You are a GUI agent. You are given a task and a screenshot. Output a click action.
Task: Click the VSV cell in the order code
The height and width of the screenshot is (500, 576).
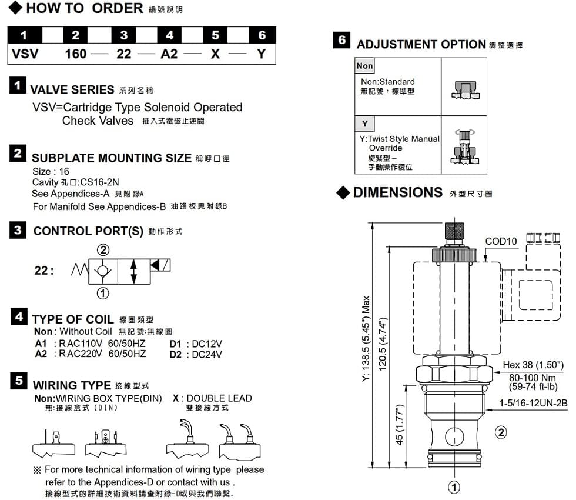25,54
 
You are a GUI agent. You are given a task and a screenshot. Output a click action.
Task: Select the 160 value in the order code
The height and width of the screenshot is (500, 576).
76,54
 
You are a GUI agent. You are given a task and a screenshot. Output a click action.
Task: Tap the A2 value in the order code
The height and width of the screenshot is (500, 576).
169,54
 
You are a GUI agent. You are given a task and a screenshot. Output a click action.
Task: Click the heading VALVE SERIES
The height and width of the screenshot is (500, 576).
72,90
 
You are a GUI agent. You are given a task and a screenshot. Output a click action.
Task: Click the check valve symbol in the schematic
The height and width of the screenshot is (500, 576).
103,271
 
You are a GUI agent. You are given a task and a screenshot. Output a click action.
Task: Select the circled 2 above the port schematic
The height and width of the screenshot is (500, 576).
103,250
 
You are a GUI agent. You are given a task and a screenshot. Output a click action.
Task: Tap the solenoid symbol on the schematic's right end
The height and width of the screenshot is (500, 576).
160,265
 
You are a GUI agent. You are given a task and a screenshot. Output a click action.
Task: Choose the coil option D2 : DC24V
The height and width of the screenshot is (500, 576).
196,355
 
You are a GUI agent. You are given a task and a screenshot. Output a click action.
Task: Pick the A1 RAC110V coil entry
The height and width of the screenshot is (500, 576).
90,344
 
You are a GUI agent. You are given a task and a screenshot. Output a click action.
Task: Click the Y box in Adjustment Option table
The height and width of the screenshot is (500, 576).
364,124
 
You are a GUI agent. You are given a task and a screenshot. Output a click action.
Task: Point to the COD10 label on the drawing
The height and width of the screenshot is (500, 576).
501,241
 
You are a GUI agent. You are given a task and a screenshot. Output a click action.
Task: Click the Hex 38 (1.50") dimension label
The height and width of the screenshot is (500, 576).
533,365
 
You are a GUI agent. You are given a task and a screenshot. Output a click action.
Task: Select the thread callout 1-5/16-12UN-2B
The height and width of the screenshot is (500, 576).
534,403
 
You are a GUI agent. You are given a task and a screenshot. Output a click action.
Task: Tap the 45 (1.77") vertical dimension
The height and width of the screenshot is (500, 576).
400,424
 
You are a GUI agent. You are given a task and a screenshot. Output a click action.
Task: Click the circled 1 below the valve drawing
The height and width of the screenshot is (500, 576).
454,487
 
